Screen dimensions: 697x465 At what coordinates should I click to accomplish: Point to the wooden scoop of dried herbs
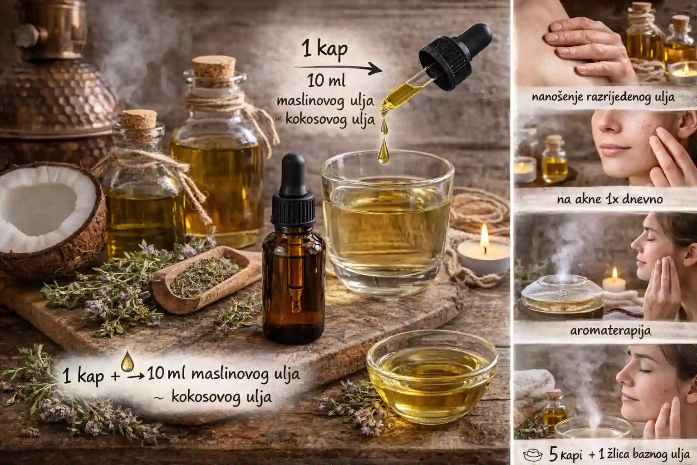click(x=206, y=279)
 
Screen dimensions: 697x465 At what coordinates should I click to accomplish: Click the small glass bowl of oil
click(x=432, y=376)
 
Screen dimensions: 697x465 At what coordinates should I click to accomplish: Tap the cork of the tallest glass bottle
click(x=214, y=67)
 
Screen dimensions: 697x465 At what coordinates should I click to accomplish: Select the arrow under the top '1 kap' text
click(x=338, y=69)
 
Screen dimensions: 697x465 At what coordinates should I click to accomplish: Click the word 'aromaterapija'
click(x=610, y=331)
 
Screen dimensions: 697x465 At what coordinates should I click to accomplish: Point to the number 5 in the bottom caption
click(x=553, y=455)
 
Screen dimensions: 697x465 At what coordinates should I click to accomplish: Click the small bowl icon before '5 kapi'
click(x=533, y=455)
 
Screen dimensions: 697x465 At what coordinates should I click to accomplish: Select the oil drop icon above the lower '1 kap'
click(x=127, y=361)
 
